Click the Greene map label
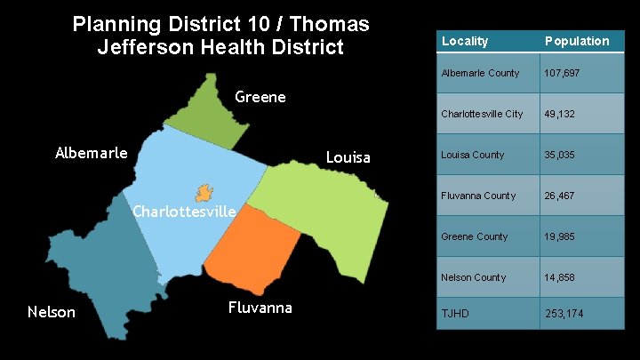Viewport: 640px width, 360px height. coord(260,97)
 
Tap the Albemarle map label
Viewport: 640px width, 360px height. coord(91,152)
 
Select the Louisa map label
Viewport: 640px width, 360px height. coord(348,157)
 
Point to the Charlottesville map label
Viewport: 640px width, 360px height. coord(183,212)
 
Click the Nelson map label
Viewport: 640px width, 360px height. coord(52,311)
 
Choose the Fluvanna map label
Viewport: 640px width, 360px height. coord(260,308)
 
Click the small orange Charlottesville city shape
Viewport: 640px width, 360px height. coord(204,191)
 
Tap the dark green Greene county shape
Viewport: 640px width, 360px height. coord(214,111)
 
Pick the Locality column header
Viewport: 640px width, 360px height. coord(465,41)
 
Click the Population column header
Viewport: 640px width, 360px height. coord(577,41)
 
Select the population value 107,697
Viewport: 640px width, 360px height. coord(562,73)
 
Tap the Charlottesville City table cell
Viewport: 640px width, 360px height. coord(482,114)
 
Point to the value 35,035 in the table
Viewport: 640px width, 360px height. coord(562,155)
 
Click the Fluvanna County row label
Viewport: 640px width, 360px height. coord(478,196)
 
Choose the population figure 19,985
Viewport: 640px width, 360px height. coord(562,236)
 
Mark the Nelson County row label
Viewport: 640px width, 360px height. coord(474,277)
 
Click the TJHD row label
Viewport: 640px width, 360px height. coord(454,314)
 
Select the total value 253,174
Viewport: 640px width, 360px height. coord(566,314)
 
